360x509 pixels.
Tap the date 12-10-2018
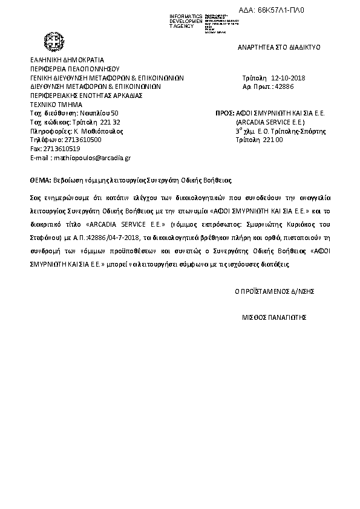tap(289, 79)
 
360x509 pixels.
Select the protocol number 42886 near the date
tap(284, 87)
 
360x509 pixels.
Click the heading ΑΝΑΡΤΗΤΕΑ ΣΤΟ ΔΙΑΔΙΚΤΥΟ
tap(279, 47)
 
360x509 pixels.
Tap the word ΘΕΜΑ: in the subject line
tap(41, 180)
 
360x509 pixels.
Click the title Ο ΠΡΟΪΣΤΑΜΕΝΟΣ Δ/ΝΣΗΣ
tap(274, 291)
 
